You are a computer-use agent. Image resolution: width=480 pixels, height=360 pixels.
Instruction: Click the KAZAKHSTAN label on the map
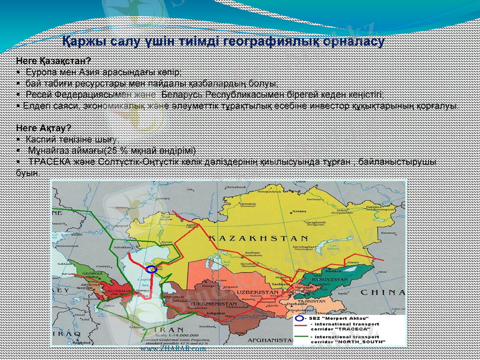258,238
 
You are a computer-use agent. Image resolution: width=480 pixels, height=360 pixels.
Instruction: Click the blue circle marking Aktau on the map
152,269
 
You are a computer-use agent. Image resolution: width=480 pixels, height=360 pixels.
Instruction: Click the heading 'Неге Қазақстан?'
53,61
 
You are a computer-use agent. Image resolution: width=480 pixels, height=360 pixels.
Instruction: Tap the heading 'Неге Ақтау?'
44,128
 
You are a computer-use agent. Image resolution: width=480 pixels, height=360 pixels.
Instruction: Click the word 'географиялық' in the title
260,43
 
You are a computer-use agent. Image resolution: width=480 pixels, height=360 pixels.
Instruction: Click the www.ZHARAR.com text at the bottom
173,349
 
